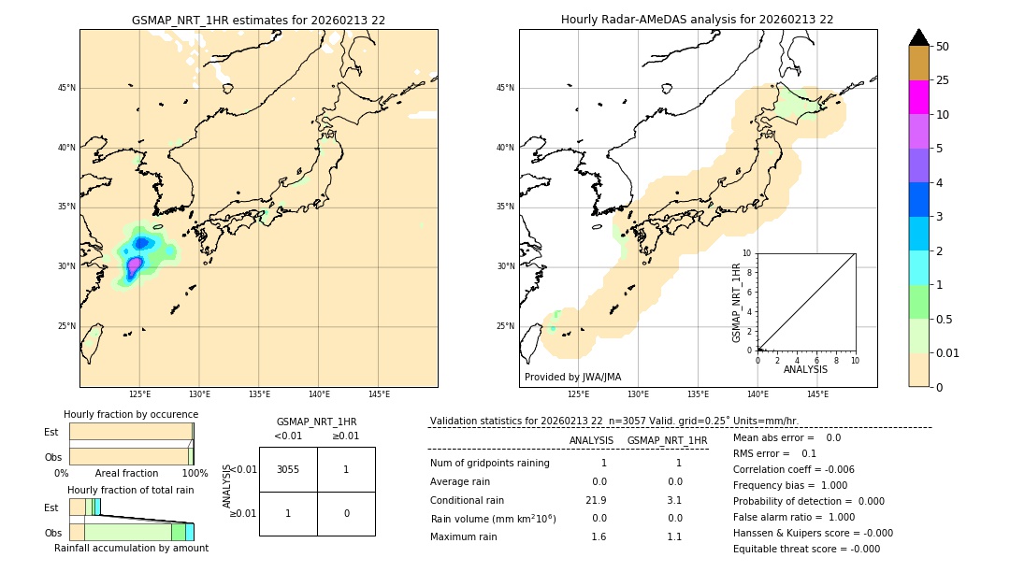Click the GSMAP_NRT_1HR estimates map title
(x=258, y=20)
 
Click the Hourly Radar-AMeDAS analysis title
(x=697, y=20)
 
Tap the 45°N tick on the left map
(x=66, y=88)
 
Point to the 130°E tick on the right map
(x=638, y=394)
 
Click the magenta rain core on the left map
(x=134, y=265)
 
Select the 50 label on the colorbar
(x=943, y=46)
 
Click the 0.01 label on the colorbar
(x=948, y=352)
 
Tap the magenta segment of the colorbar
(x=919, y=97)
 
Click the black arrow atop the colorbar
(x=919, y=37)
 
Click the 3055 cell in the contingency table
(x=288, y=469)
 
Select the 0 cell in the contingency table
(x=346, y=513)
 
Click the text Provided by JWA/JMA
(x=572, y=377)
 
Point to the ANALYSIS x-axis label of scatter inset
(x=805, y=369)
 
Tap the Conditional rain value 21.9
(x=599, y=500)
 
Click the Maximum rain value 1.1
(x=674, y=536)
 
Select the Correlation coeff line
(x=794, y=469)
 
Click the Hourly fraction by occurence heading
(x=131, y=414)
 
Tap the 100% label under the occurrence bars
(x=195, y=473)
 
